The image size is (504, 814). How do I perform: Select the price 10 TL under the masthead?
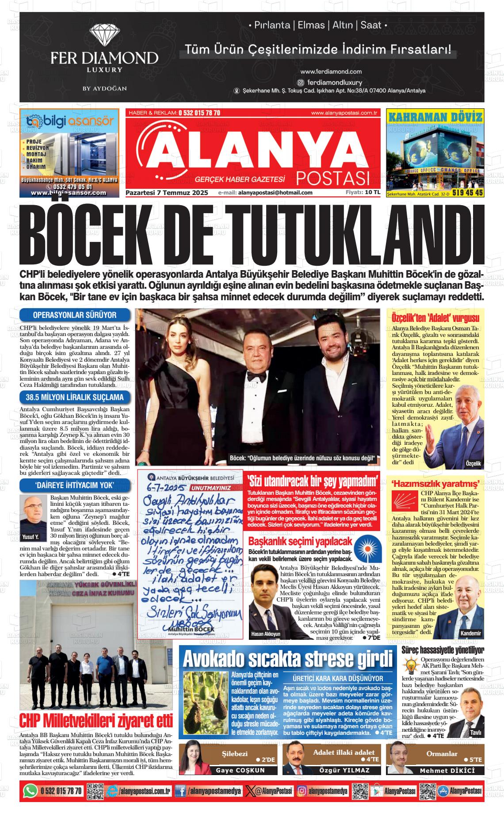coord(372,192)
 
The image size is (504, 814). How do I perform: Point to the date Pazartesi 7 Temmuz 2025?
coord(167,192)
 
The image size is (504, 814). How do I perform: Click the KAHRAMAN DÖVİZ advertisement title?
coord(435,117)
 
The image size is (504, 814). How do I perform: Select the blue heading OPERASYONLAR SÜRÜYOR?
coord(75,315)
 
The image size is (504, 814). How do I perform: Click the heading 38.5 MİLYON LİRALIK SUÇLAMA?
coord(75,397)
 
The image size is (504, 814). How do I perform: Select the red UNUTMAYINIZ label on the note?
coord(211,488)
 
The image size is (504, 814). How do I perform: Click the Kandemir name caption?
coord(470,633)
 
